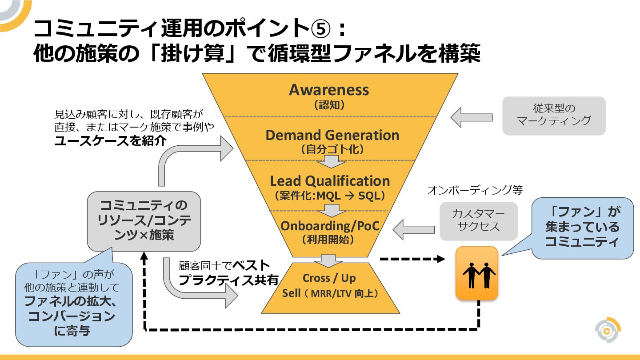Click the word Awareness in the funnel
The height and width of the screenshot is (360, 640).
click(x=329, y=90)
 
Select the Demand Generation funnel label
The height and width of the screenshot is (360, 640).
click(x=332, y=135)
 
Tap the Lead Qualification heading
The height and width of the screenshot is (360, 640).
click(x=330, y=181)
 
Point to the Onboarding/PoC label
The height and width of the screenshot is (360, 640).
click(x=330, y=226)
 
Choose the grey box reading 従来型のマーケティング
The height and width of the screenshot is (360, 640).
click(x=554, y=115)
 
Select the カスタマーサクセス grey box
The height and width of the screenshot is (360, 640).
click(x=478, y=220)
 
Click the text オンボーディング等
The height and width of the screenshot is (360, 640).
click(x=475, y=191)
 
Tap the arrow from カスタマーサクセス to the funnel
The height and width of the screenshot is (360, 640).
click(x=413, y=229)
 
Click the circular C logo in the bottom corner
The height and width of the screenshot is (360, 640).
click(x=608, y=331)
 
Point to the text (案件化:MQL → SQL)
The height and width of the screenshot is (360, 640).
click(x=330, y=195)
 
